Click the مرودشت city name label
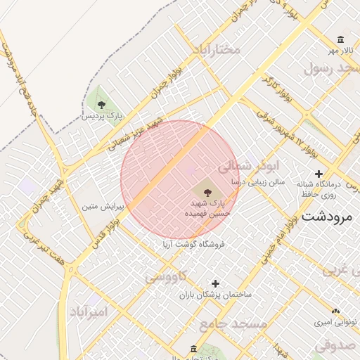pos(326,217)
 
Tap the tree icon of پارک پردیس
pos(102,105)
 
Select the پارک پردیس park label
pos(101,115)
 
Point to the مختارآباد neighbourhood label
pos(216,49)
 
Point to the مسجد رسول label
pos(332,68)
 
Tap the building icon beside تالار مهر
pos(341,39)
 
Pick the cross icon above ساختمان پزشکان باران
pos(205,283)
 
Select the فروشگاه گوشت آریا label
pos(193,245)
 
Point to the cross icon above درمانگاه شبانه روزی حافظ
pos(319,174)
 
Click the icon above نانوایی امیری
pos(335,311)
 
